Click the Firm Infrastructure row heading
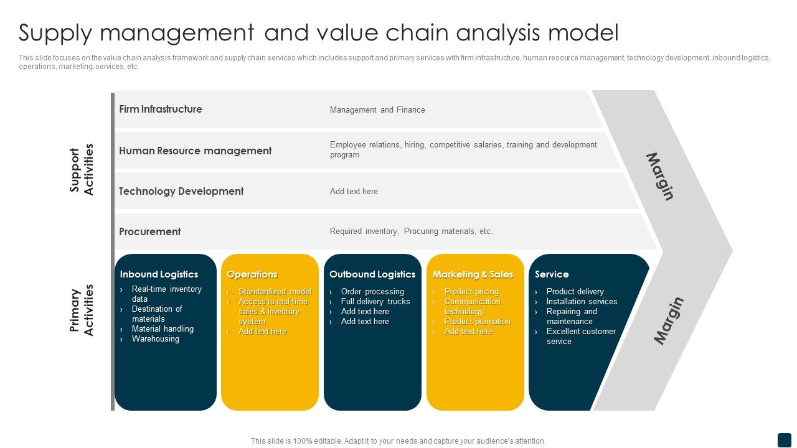pyautogui.click(x=161, y=110)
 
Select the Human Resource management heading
pyautogui.click(x=195, y=151)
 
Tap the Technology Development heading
pyautogui.click(x=181, y=192)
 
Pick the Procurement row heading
pyautogui.click(x=150, y=231)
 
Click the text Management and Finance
pyautogui.click(x=377, y=110)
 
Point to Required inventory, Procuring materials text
pyautogui.click(x=411, y=231)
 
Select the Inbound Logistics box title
pyautogui.click(x=159, y=274)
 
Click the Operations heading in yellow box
pyautogui.click(x=252, y=274)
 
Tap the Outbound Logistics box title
pyautogui.click(x=372, y=274)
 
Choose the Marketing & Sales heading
pyautogui.click(x=473, y=274)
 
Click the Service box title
pyautogui.click(x=552, y=274)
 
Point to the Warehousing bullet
pyautogui.click(x=156, y=339)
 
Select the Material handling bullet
pyautogui.click(x=163, y=329)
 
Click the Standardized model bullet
pyautogui.click(x=275, y=292)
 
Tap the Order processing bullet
pyautogui.click(x=372, y=292)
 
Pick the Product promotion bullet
pyautogui.click(x=477, y=322)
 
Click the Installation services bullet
pyautogui.click(x=582, y=302)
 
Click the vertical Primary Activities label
pyautogui.click(x=82, y=310)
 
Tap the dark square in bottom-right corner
pyautogui.click(x=784, y=440)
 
